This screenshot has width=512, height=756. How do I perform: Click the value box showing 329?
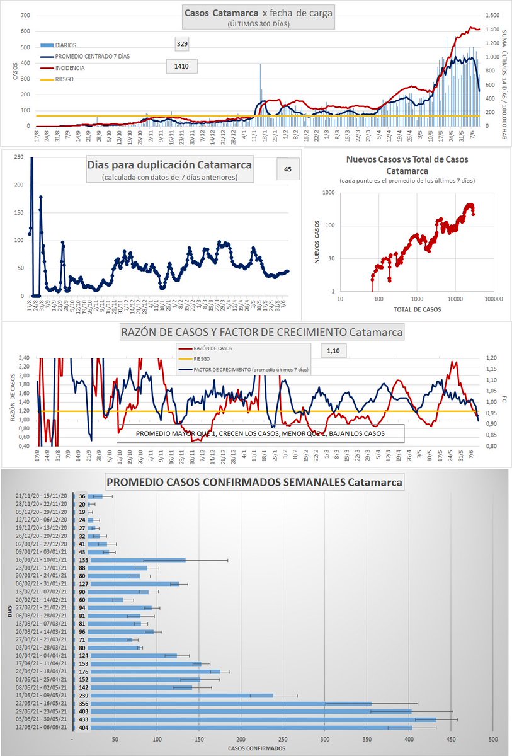(x=182, y=43)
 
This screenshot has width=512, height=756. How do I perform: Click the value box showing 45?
(x=287, y=169)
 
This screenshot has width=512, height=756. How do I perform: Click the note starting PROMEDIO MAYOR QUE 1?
(x=260, y=433)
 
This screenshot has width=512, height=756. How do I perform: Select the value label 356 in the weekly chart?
(x=81, y=702)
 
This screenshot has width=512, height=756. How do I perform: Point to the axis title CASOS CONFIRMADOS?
(x=254, y=748)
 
